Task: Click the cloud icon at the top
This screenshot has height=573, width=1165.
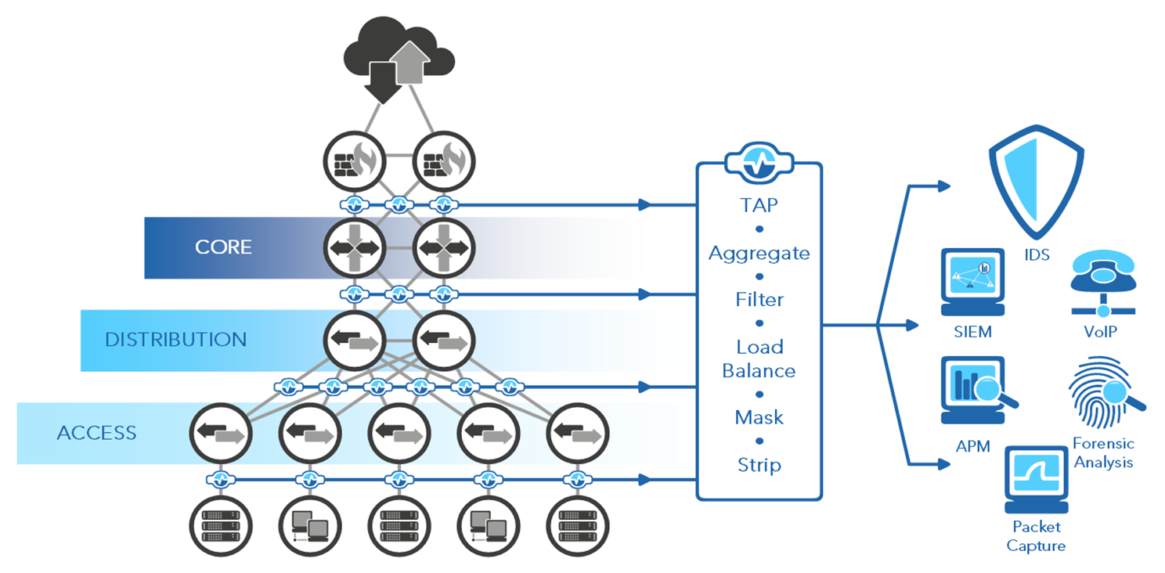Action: point(399,56)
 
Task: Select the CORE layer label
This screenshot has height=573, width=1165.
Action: point(223,247)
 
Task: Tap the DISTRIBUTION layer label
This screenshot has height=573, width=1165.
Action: point(175,340)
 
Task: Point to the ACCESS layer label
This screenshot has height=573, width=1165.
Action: point(96,433)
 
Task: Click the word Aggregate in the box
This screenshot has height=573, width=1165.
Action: point(759,253)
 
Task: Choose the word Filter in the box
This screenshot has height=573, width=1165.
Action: point(759,300)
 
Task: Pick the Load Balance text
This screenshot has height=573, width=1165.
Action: point(759,359)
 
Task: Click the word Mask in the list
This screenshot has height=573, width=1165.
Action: point(759,417)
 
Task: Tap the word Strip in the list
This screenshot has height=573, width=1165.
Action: point(759,464)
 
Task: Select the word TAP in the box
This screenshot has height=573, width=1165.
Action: point(759,205)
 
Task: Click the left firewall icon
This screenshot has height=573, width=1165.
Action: point(354,162)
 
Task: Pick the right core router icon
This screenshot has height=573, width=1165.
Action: point(443,247)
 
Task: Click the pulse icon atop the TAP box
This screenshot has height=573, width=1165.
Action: point(759,163)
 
